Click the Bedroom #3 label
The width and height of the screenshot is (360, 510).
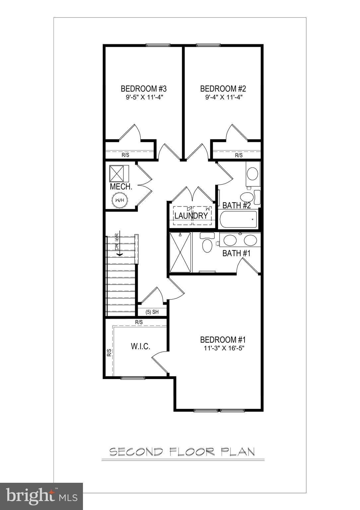(x=143, y=89)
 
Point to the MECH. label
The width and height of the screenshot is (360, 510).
(x=121, y=187)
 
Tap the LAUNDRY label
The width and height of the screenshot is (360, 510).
(x=191, y=215)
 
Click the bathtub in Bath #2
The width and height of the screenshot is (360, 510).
(x=239, y=219)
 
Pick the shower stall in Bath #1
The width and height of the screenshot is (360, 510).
(x=180, y=252)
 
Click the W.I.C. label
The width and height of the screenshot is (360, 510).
(x=141, y=346)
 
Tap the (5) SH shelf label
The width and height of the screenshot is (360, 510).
(x=152, y=312)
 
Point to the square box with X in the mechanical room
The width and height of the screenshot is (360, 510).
(x=119, y=173)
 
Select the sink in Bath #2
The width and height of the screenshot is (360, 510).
(x=253, y=173)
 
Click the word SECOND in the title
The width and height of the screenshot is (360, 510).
(x=136, y=452)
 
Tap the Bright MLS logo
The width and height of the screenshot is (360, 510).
(x=41, y=496)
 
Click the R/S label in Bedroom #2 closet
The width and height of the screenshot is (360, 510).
(x=239, y=155)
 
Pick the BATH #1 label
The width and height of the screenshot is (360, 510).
(x=236, y=253)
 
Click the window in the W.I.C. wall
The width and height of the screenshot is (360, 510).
(x=133, y=378)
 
